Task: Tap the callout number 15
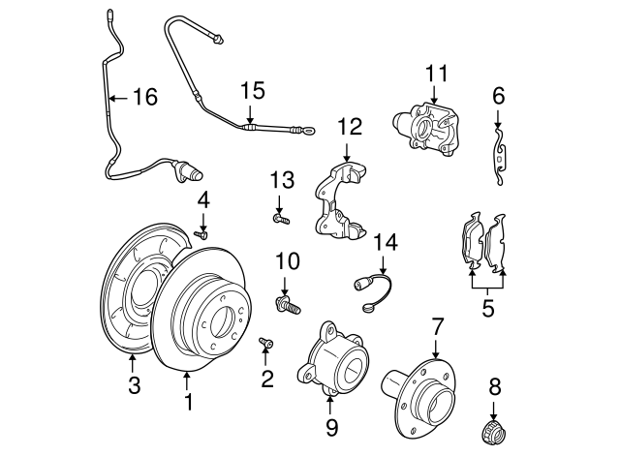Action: coord(252,90)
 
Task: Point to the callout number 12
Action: coord(349,126)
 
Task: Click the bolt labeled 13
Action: coord(281,218)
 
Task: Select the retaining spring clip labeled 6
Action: coord(498,156)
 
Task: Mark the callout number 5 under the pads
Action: coord(488,310)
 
